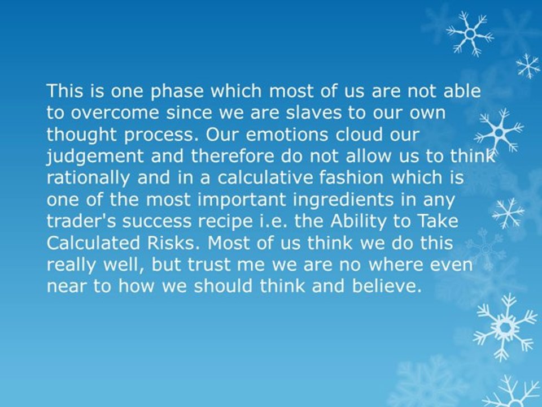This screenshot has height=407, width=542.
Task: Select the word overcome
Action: point(115,114)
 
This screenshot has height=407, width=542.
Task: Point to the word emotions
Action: point(287,135)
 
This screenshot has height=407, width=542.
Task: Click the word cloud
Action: point(359,135)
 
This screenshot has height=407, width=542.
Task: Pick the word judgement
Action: point(94,157)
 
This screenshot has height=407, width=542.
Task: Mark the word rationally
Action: point(88,179)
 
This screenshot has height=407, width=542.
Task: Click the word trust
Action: point(209,265)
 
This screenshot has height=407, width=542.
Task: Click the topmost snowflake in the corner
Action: point(470,33)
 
